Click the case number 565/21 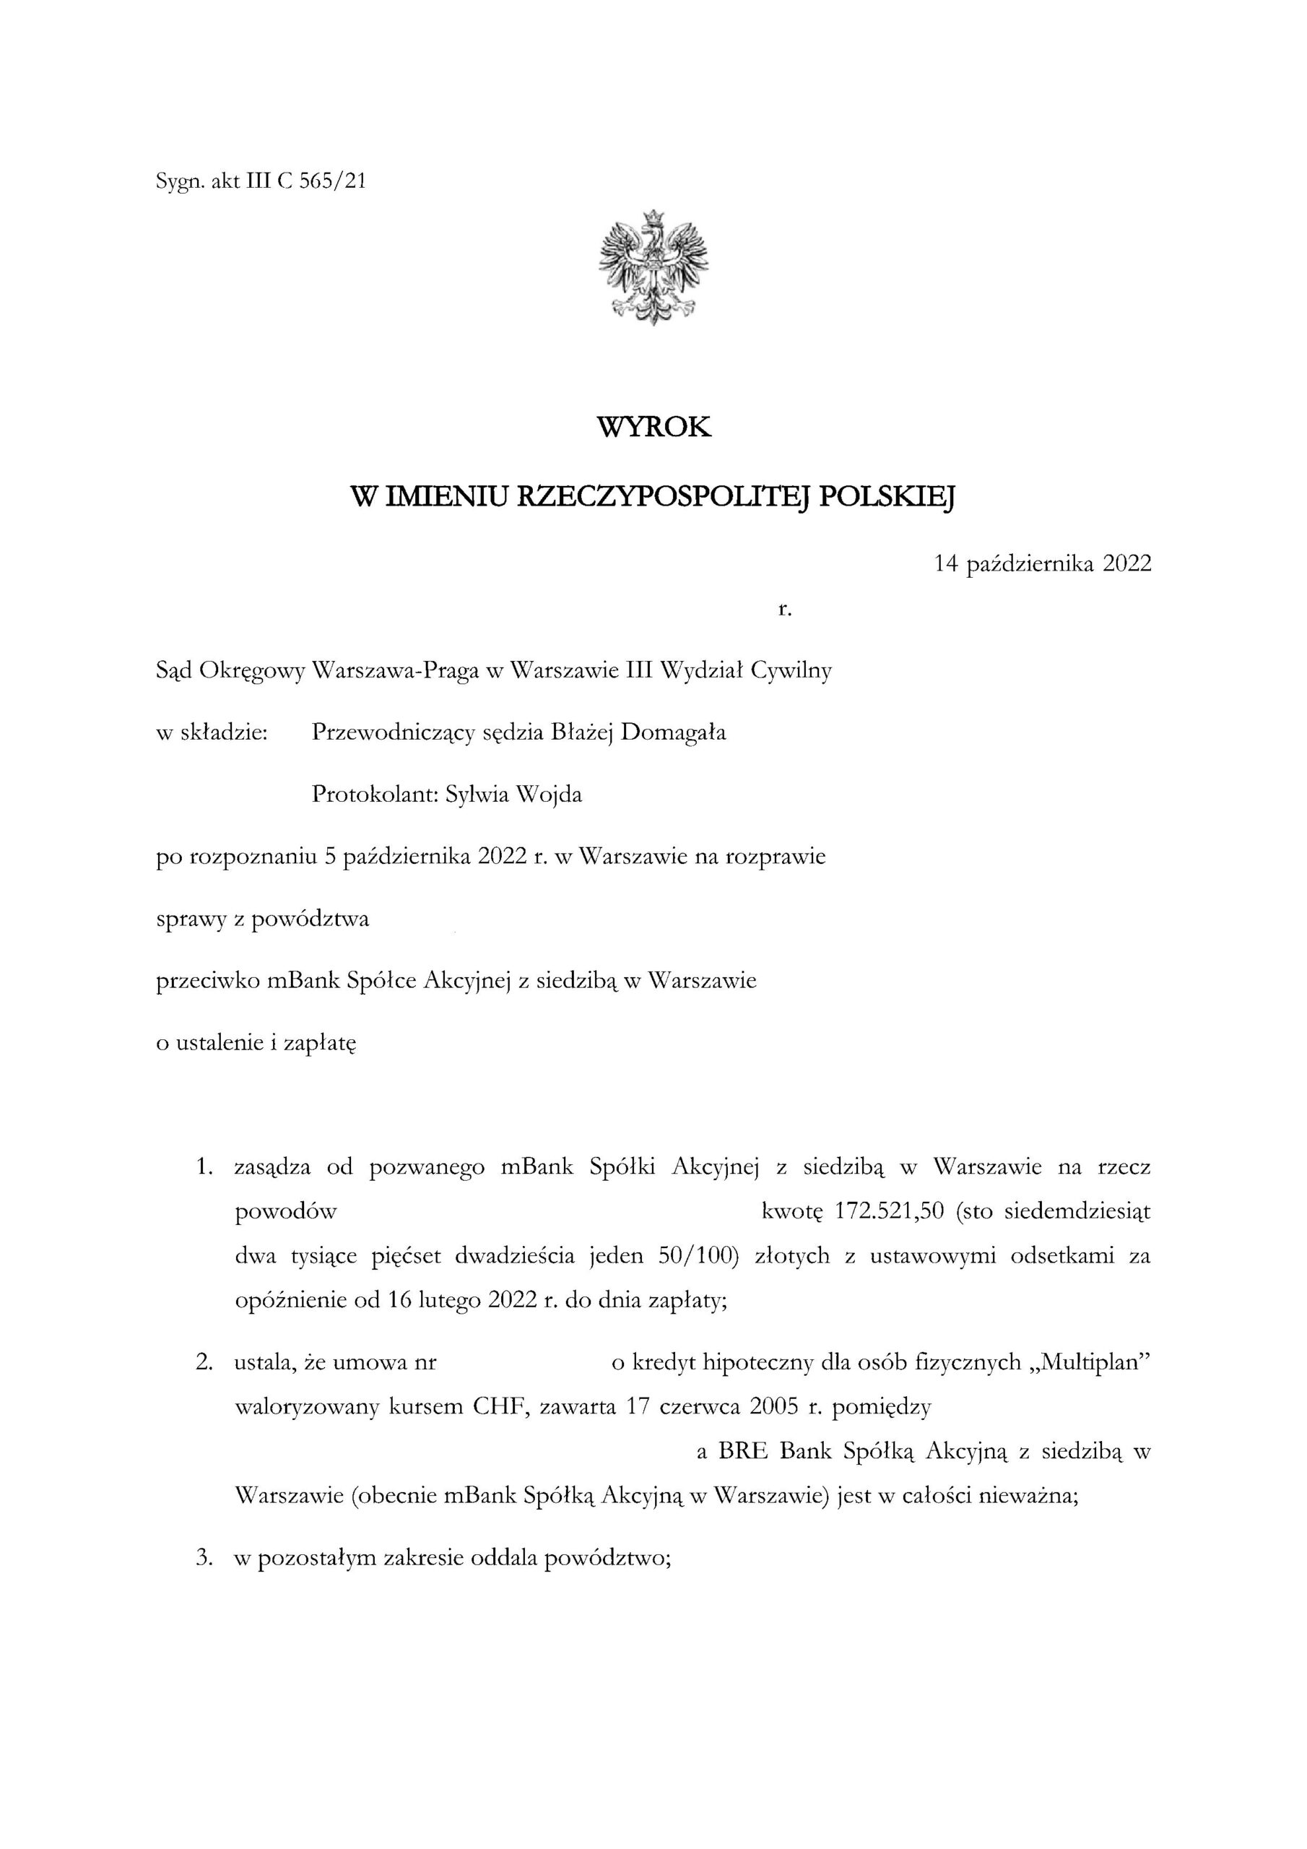(x=333, y=182)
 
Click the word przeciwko (x=205, y=982)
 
